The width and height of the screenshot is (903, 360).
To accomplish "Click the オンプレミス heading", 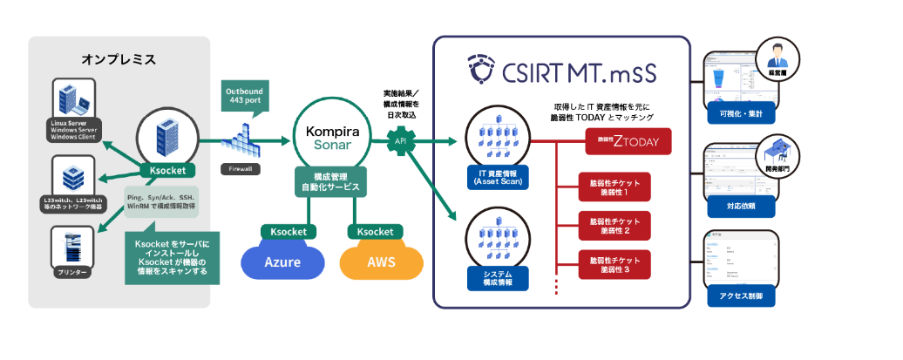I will (x=118, y=59).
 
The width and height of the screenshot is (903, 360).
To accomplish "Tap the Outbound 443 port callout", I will (x=246, y=96).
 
